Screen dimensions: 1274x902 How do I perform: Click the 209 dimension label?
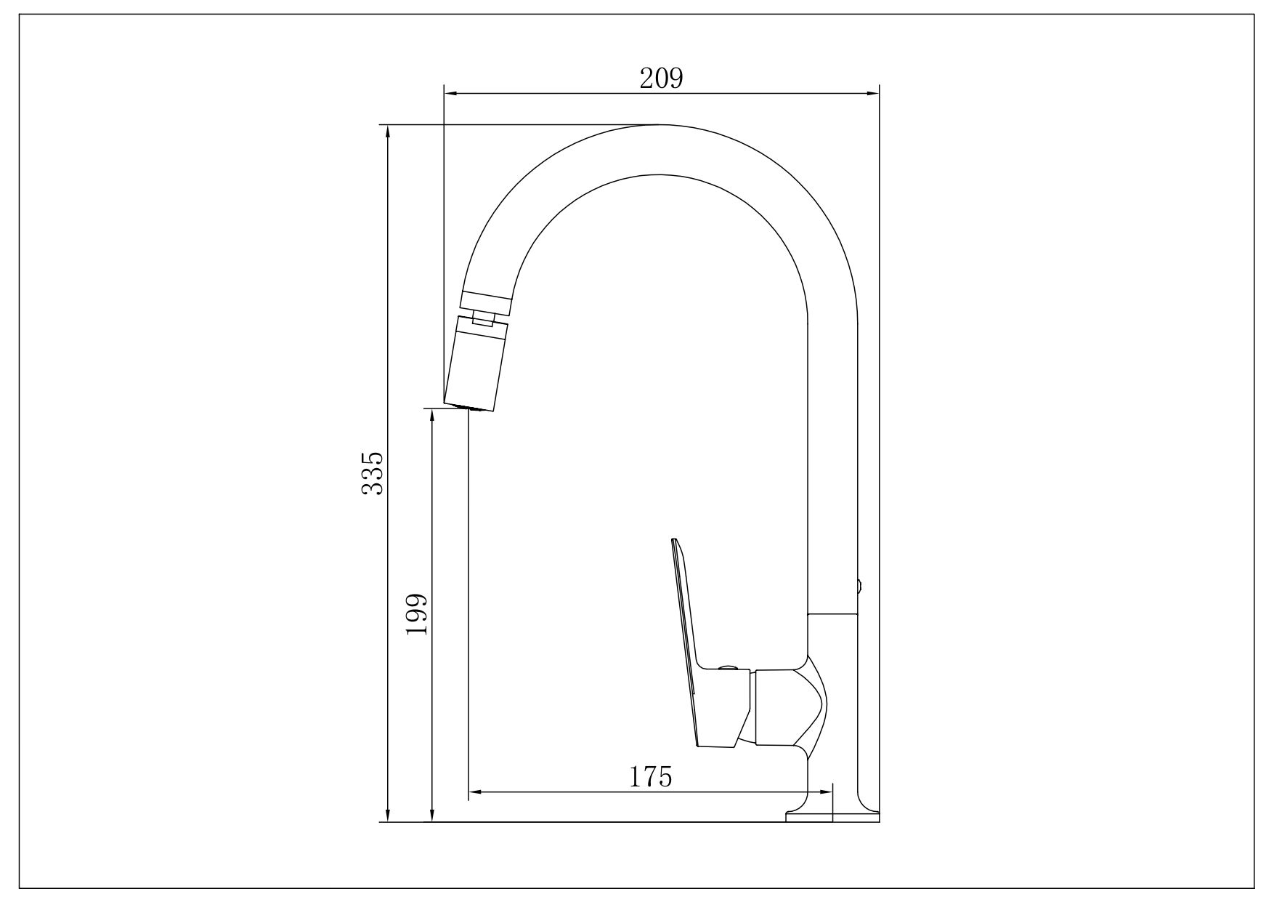(661, 78)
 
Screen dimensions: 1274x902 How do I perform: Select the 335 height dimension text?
(372, 473)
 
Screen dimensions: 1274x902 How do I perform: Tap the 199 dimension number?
(416, 614)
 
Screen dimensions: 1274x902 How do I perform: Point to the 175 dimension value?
(650, 777)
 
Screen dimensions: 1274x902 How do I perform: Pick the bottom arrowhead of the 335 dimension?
(389, 814)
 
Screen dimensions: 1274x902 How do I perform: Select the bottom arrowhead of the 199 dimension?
(432, 814)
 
